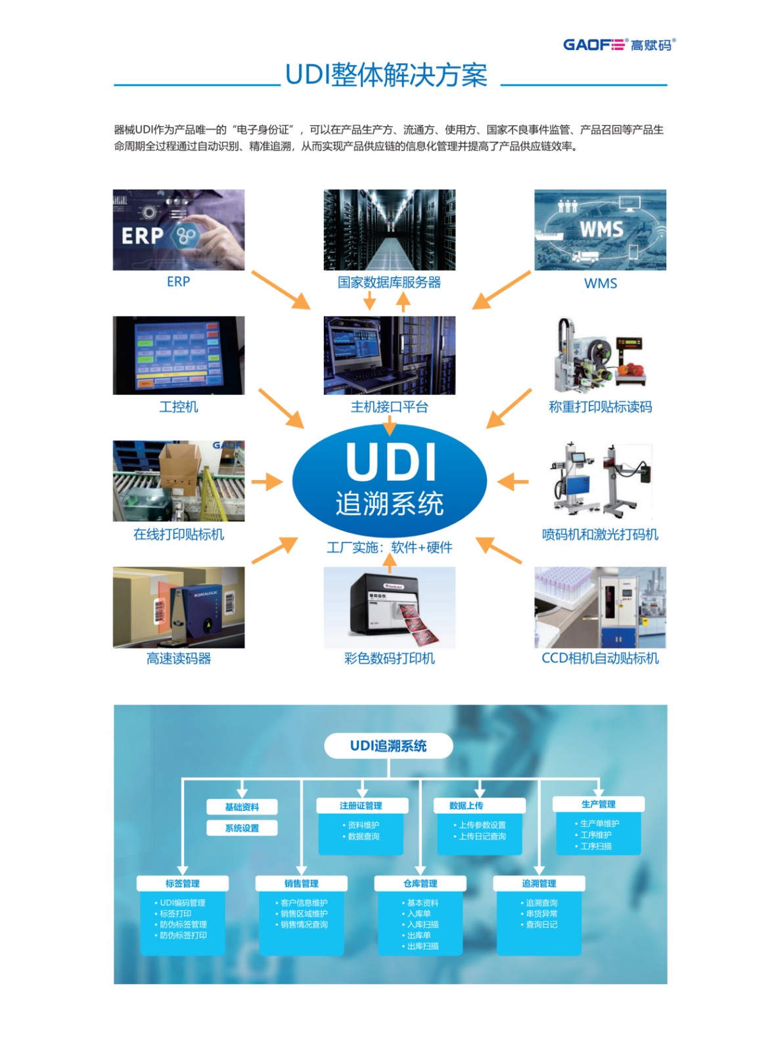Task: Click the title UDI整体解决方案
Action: pos(386,76)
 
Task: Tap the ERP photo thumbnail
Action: pos(179,230)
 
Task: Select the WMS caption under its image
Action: pos(600,283)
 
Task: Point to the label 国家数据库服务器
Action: pos(389,282)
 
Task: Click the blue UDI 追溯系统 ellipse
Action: pos(389,480)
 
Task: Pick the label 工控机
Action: pos(179,407)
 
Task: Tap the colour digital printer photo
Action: pos(389,607)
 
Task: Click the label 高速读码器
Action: pos(179,658)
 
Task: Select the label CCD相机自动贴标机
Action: pos(600,658)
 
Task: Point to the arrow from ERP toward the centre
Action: pos(281,290)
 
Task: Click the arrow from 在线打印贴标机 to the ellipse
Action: pos(267,481)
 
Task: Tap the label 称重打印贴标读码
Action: pos(600,407)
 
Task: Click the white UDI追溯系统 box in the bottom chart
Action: pos(388,746)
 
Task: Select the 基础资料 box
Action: pos(242,807)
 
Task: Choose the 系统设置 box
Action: pos(242,828)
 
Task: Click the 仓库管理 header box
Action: pos(420,883)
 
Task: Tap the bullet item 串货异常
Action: pos(541,914)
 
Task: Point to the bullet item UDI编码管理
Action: pos(182,903)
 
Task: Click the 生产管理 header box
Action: pos(598,804)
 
